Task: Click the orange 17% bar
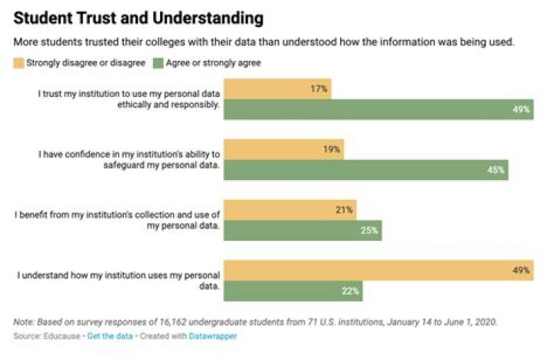coord(277,89)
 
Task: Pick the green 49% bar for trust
coord(377,110)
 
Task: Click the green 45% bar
coord(365,170)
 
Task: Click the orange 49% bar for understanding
coord(377,270)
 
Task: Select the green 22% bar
coord(292,291)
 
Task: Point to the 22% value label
coord(350,292)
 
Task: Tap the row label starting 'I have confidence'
coord(130,159)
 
